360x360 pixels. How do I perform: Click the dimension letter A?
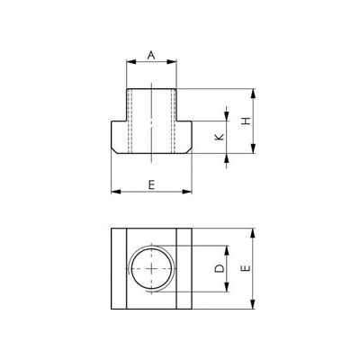click(x=151, y=55)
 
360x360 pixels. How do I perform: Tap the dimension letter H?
click(x=247, y=121)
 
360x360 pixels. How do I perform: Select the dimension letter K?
click(x=220, y=137)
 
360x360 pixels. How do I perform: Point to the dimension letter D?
click(x=220, y=268)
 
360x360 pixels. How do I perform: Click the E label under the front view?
click(x=151, y=185)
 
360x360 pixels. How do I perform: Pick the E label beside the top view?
click(x=247, y=268)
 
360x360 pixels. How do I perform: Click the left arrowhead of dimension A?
click(x=130, y=62)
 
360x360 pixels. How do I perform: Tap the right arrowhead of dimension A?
click(x=172, y=62)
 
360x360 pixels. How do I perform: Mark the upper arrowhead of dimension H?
click(x=254, y=94)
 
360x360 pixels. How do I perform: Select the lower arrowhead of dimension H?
click(x=254, y=148)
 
